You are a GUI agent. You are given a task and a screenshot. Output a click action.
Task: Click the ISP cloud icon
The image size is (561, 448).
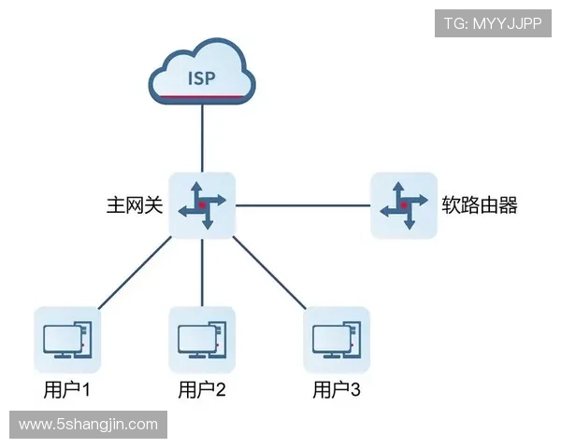coord(202,74)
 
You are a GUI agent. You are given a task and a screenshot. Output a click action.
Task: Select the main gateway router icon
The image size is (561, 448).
coord(202,204)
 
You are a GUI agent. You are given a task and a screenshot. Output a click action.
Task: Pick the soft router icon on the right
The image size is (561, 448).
coord(403,204)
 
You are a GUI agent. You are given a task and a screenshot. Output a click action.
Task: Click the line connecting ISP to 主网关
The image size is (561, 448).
coord(202,140)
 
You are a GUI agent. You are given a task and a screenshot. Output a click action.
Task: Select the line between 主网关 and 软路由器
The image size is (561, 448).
coord(303,204)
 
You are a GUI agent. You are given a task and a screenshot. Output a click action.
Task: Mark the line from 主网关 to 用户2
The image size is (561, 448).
coord(202,271)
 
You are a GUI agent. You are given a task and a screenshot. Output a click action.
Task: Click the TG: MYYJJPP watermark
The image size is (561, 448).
coord(494,23)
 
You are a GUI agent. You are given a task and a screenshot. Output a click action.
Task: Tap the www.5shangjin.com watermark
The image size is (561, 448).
coord(89,425)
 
